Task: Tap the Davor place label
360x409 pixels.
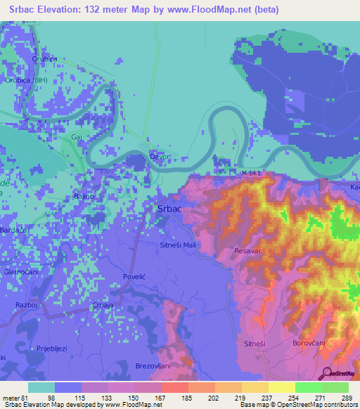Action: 160,157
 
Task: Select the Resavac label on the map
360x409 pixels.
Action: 249,250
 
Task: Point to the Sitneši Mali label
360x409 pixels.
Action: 181,245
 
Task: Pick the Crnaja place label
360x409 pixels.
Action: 103,305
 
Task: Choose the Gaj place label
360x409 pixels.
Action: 77,138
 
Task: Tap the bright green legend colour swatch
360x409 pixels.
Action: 308,387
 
